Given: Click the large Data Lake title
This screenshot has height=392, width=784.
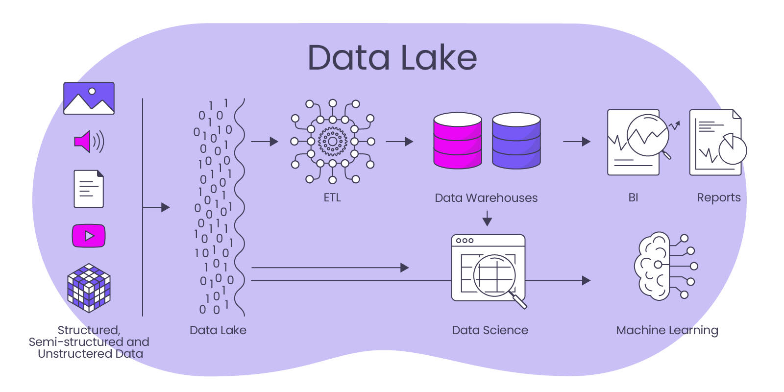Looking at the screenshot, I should coord(392,58).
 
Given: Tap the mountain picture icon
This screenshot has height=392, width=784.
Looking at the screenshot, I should coord(89,98).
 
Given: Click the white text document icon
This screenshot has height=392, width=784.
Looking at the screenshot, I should coord(89,189).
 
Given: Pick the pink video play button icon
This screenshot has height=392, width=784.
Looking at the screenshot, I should coord(89,236).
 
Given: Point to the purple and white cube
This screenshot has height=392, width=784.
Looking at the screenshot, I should coord(89,288).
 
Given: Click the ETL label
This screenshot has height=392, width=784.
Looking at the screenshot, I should coord(332,197).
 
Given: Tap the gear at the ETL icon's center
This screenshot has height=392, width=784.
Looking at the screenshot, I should coord(332,142).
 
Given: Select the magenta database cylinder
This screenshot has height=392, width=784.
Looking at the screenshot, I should coord(458,141).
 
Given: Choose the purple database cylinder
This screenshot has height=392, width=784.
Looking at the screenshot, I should coord(516,141).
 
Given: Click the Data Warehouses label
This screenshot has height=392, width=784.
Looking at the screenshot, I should coord(486,198).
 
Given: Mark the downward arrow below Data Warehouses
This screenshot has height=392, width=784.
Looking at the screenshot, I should coord(487,219).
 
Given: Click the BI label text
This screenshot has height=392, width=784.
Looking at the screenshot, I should coord(633,197).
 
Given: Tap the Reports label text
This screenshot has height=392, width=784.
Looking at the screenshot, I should coord(718,197).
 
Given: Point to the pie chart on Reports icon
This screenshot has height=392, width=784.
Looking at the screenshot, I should coord(733,149).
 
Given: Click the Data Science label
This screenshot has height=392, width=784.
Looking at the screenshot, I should coord(490,330).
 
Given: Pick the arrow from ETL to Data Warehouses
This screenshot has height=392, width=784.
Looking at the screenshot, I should coord(399,142).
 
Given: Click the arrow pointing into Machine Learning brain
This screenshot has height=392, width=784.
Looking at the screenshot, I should coord(559,281).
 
